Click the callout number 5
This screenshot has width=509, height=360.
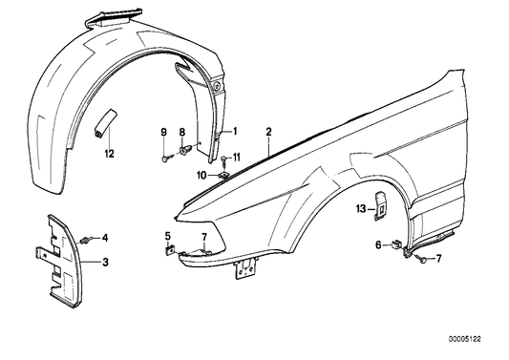(x=167, y=236)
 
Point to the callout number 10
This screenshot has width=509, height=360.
(x=202, y=176)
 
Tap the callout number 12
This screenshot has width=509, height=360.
(x=108, y=153)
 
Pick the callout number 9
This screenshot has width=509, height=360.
(x=163, y=131)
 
